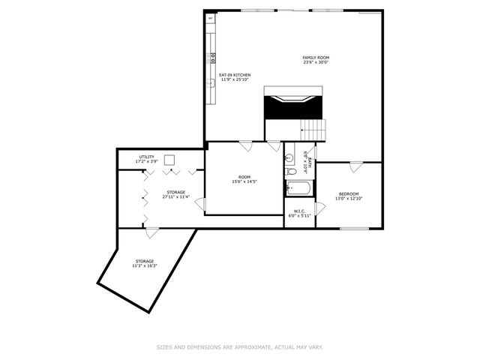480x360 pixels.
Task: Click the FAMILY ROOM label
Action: pyautogui.click(x=316, y=58)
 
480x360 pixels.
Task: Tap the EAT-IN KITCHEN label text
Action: pyautogui.click(x=234, y=75)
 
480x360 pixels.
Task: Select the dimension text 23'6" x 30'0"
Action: pyautogui.click(x=316, y=63)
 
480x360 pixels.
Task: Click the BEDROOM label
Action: pyautogui.click(x=348, y=193)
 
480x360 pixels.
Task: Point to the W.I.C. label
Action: pyautogui.click(x=298, y=211)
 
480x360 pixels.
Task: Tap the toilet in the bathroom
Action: pyautogui.click(x=290, y=172)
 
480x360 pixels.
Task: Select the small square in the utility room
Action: pyautogui.click(x=170, y=159)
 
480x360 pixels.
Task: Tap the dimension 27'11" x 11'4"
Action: pyautogui.click(x=176, y=197)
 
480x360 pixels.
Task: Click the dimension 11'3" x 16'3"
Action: pyautogui.click(x=145, y=265)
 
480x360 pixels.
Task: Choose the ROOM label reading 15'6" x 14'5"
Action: pyautogui.click(x=244, y=178)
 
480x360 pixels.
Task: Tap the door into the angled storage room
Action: pyautogui.click(x=151, y=233)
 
